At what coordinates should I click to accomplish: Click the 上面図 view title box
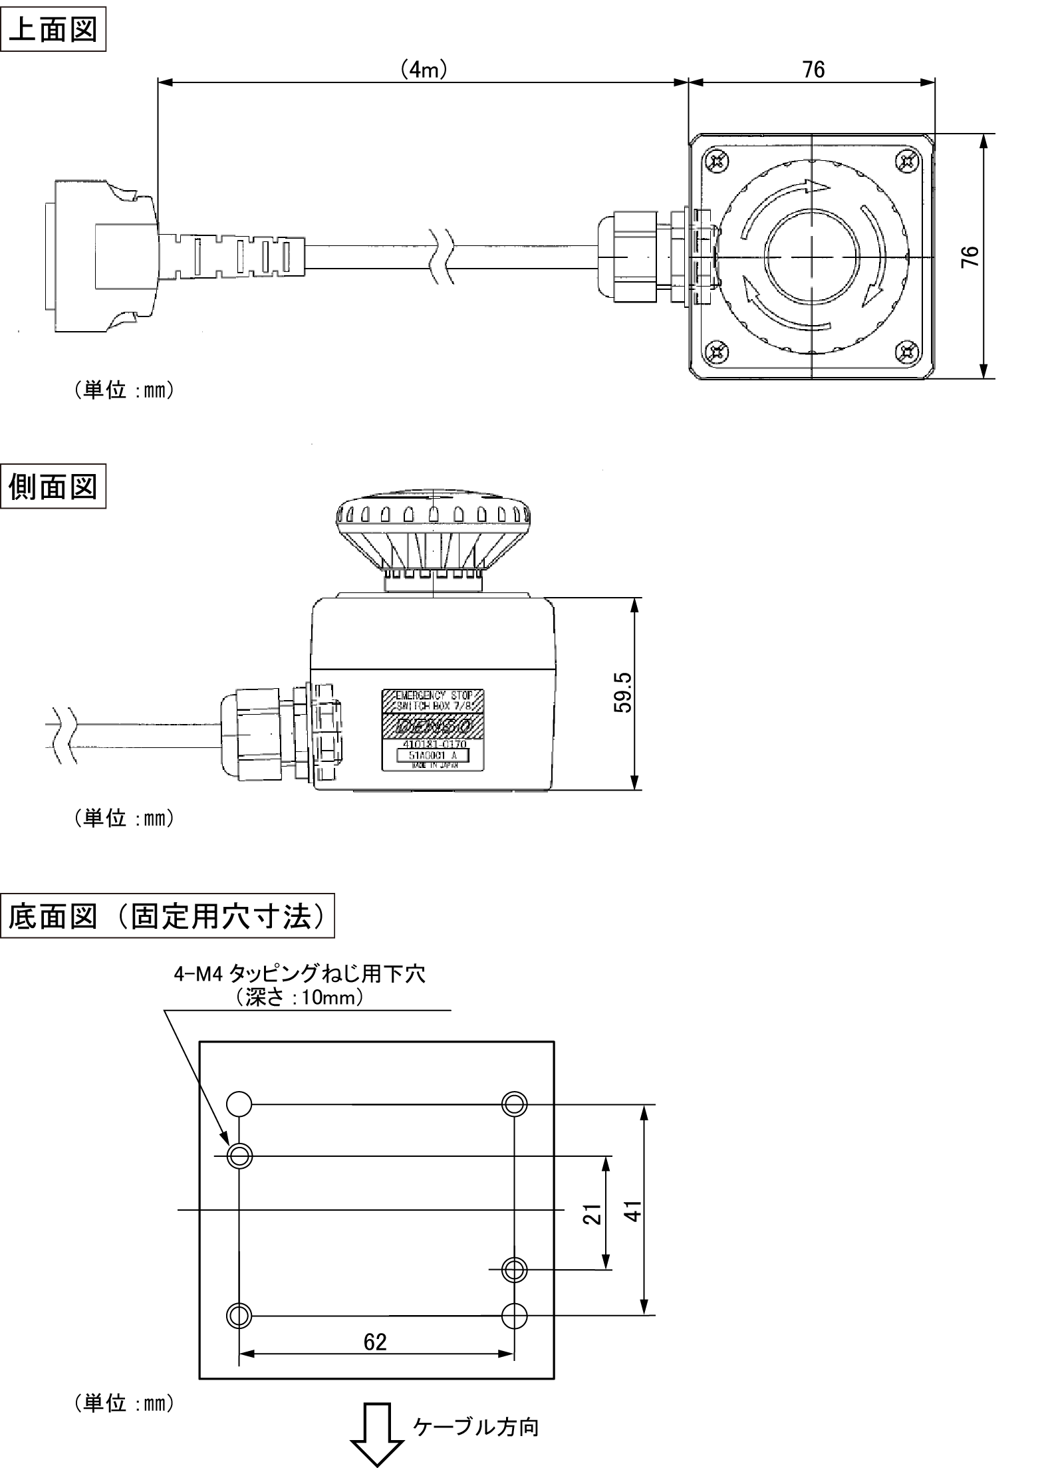(x=53, y=31)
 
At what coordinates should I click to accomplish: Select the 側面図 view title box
(x=53, y=488)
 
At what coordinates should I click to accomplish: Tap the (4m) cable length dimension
(x=423, y=70)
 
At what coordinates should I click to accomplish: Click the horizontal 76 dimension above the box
(x=813, y=70)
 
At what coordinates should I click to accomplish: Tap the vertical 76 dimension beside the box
(x=971, y=257)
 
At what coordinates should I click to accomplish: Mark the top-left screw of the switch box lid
(x=717, y=162)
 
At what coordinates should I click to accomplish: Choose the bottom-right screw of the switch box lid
(x=907, y=352)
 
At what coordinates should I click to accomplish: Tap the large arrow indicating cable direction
(x=377, y=1442)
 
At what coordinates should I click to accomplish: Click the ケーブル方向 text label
(x=476, y=1427)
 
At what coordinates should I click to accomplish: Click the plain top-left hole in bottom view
(x=239, y=1104)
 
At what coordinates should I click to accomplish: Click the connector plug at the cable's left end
(x=100, y=257)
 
